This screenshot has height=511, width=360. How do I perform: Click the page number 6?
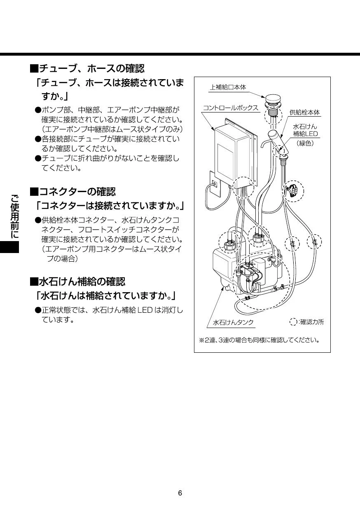point(180,493)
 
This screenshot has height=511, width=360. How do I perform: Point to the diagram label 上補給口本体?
point(228,87)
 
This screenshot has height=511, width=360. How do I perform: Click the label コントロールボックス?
point(230,108)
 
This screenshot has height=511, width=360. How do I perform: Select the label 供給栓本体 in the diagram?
point(304,112)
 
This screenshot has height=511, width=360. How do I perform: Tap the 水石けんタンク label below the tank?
point(233,322)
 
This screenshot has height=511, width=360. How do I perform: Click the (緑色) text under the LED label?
point(305,143)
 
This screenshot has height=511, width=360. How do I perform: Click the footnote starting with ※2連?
point(259,340)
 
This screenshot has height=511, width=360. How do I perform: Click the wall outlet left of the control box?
point(215,185)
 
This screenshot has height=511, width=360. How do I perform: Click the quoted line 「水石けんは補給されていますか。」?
point(106,296)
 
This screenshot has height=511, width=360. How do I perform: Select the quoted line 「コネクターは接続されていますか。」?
point(110,205)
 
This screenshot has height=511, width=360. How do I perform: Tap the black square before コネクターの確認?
point(34,192)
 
